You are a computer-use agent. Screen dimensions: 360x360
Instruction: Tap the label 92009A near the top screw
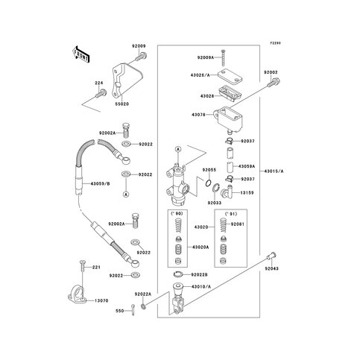point(206,57)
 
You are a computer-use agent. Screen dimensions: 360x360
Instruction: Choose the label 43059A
point(247,166)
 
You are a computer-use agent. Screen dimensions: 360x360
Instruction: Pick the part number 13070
point(101,301)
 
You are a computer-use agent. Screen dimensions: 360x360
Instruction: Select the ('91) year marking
point(221,215)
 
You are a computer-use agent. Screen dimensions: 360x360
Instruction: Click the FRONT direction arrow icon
point(81,54)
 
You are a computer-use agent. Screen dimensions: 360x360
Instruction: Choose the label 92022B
point(203,275)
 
